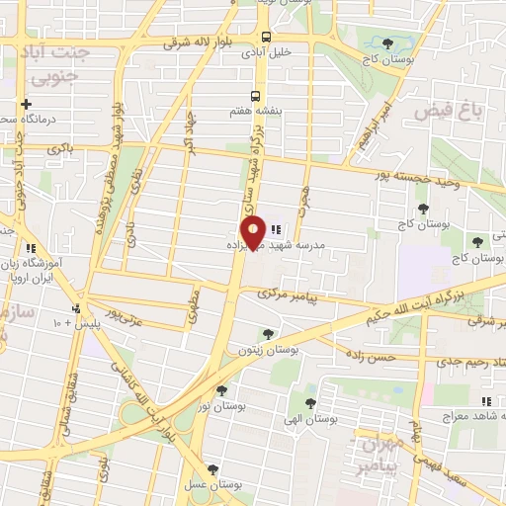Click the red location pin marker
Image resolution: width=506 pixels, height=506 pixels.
[254, 231]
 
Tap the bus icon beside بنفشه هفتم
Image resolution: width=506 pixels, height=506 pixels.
[256, 96]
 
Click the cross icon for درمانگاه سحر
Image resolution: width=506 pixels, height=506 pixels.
[27, 104]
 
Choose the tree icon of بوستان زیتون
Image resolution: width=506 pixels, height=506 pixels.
[267, 335]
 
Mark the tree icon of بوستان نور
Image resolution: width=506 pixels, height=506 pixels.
[220, 390]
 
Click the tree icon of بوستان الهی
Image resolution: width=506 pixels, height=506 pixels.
[310, 402]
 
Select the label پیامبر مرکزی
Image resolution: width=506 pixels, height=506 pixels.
[290, 295]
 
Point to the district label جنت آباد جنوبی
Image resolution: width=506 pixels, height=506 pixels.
[63, 63]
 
